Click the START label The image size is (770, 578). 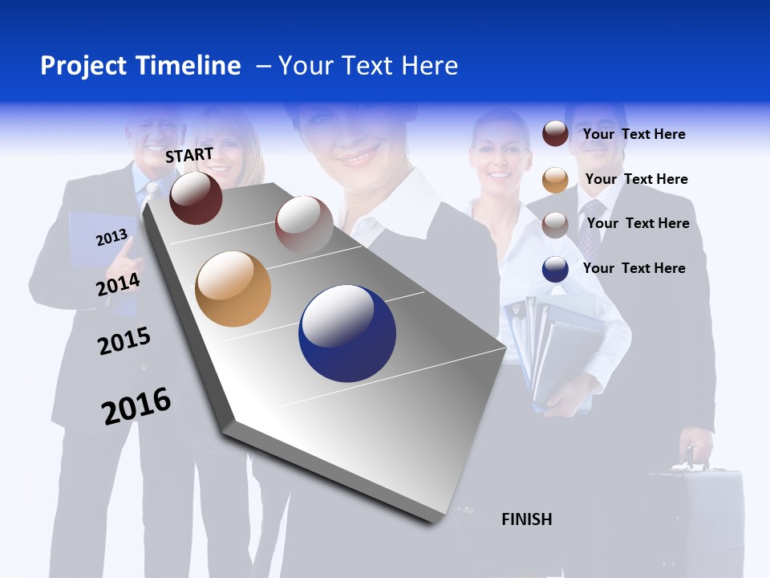[x=189, y=155]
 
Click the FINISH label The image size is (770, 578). [x=526, y=519]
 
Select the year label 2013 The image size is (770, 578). [x=111, y=238]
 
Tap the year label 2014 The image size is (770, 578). [x=118, y=285]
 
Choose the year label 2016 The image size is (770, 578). [x=136, y=406]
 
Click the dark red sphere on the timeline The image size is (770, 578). [x=196, y=197]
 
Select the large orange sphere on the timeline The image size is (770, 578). [x=233, y=289]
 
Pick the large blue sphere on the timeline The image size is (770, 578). [x=347, y=333]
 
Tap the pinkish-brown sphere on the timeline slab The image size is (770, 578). [x=304, y=224]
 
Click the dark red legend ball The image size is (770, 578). [x=555, y=133]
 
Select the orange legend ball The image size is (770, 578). [x=555, y=180]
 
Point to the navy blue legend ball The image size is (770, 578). [x=555, y=269]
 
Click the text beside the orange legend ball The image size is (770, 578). [x=636, y=179]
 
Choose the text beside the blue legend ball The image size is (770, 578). [x=634, y=268]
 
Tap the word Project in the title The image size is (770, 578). [x=83, y=66]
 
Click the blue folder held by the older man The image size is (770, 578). [x=92, y=241]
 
